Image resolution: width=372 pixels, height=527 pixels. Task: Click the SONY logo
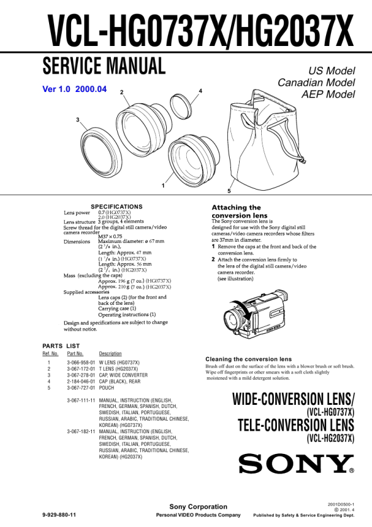(x=296, y=463)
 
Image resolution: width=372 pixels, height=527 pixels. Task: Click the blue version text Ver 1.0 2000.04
(x=75, y=89)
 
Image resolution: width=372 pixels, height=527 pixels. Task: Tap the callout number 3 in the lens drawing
(x=77, y=120)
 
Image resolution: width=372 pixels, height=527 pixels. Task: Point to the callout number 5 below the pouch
(x=229, y=191)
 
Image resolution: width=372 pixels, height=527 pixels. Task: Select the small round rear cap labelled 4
(x=181, y=106)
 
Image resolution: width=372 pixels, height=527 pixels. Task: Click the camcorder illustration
(x=256, y=314)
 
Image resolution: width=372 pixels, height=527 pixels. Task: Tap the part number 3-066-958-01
(x=81, y=363)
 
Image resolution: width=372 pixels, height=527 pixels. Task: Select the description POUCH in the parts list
(x=106, y=388)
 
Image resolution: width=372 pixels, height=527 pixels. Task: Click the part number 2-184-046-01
(x=81, y=382)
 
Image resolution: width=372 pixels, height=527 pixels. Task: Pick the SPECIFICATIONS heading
(x=116, y=207)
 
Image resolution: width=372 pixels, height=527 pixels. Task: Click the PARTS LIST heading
(x=61, y=346)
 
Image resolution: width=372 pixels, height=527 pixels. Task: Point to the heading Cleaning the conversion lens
(x=249, y=359)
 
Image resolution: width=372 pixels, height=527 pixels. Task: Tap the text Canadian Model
(x=316, y=82)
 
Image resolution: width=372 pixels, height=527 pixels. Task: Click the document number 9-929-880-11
(x=59, y=515)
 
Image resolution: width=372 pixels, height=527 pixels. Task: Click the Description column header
(x=110, y=354)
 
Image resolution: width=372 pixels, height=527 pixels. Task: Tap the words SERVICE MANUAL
(x=104, y=66)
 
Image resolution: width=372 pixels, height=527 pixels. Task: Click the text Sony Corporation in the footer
(x=198, y=506)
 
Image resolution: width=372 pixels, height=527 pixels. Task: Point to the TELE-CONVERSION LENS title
(x=296, y=425)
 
